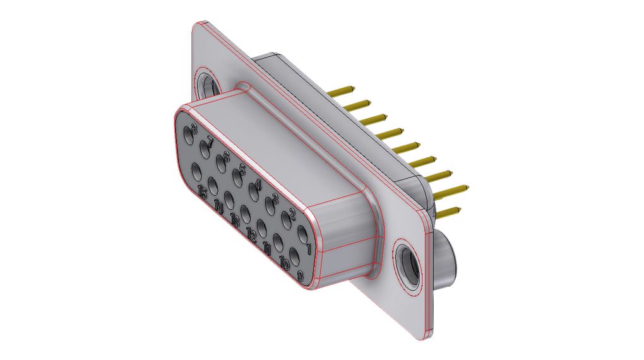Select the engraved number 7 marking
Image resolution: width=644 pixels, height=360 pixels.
[x=210, y=141]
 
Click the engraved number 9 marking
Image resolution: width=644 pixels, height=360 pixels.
[x=301, y=275]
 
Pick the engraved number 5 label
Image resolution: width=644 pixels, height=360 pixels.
[x=242, y=169]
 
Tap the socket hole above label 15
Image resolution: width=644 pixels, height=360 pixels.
[x=196, y=171]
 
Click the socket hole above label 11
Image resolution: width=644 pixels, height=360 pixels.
[x=262, y=229]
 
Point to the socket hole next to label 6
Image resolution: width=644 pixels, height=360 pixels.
[x=221, y=161]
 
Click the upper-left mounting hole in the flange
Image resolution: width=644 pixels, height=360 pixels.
[x=206, y=85]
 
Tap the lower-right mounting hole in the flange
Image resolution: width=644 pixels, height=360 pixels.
[x=407, y=260]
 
